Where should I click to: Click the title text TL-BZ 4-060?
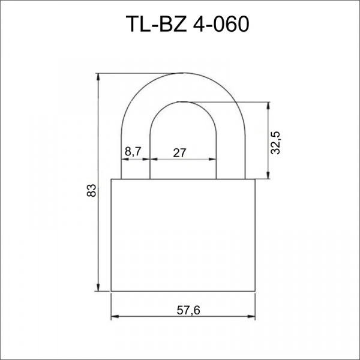coord(187,24)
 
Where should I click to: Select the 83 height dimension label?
coord(91,190)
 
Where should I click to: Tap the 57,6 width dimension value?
coord(188,310)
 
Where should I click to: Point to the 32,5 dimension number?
coord(275,143)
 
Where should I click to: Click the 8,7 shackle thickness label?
coord(133,151)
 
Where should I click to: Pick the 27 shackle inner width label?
coord(179,153)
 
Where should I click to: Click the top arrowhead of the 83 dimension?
coord(98,76)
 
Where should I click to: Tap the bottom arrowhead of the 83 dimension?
coord(98,288)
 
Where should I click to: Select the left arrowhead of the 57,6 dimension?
coord(115,316)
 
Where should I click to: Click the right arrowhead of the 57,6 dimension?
coord(251,316)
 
